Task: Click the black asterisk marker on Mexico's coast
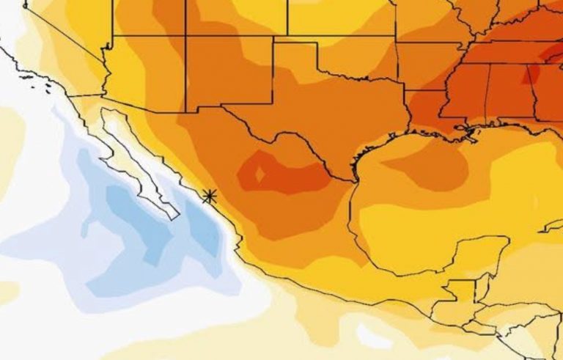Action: [x=210, y=196]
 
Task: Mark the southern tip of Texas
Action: [x=353, y=179]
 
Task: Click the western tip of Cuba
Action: [x=546, y=228]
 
